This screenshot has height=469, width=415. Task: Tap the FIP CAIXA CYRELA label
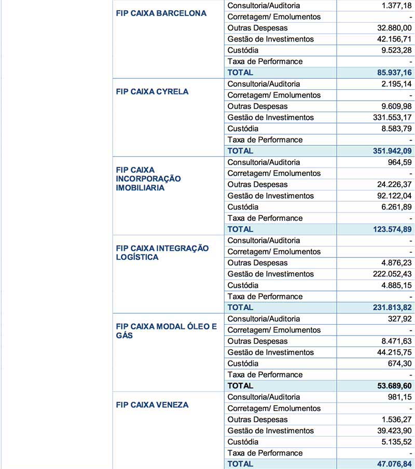(x=152, y=91)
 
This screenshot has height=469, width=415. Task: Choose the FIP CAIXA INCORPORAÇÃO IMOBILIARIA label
(x=148, y=178)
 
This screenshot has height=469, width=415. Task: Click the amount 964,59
(x=399, y=162)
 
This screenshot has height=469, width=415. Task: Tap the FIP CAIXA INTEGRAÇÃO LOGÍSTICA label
(x=162, y=252)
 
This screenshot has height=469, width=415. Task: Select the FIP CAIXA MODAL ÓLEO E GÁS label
(x=166, y=330)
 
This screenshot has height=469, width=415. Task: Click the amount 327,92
(x=399, y=319)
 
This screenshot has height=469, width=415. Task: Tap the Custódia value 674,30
(x=399, y=364)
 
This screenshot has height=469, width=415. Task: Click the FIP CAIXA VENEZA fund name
(x=152, y=405)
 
